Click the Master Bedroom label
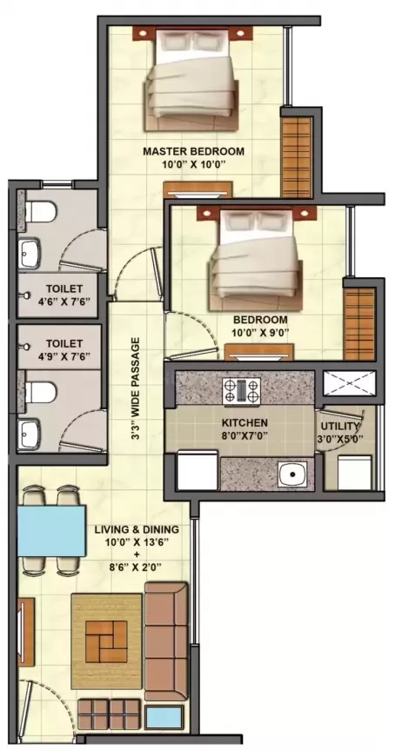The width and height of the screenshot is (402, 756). pos(193,151)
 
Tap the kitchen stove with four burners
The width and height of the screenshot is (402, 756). pos(241,389)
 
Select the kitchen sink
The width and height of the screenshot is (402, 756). pos(292,473)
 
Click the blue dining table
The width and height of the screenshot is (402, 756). pos(51,530)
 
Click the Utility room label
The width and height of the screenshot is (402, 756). pos(340,426)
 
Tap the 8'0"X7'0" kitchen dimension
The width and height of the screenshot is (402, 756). pos(245,434)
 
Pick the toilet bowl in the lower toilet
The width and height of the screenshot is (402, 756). pos(40,391)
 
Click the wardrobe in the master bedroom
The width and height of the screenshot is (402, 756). pos(297,156)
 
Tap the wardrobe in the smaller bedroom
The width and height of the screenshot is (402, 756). pos(359,323)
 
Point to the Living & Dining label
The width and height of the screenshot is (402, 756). pos(137,529)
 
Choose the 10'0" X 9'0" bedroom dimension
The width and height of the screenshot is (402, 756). pos(260,331)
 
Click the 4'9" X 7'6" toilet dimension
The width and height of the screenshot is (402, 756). pos(64,356)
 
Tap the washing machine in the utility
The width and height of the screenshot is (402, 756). pos(354,473)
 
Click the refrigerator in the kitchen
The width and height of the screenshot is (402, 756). pos(198,470)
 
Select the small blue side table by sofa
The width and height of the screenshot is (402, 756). pos(164,718)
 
